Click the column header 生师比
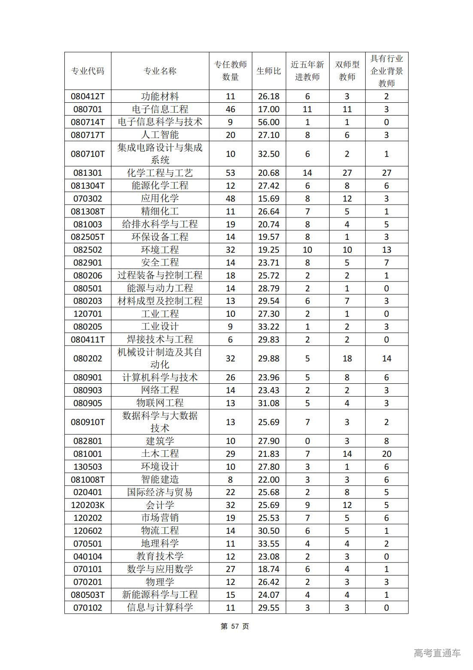[269, 71]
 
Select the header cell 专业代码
[88, 71]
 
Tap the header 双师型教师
[347, 71]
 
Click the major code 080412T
[88, 97]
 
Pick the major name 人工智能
[160, 135]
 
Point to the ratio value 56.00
[269, 122]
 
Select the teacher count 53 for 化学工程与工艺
[230, 173]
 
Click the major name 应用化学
[160, 199]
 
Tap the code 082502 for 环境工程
[88, 250]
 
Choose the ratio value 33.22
[269, 327]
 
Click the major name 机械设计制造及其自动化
[160, 358]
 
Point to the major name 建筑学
[160, 441]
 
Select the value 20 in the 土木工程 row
[386, 454]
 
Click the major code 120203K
[88, 505]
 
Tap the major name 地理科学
[160, 543]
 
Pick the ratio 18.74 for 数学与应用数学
[269, 569]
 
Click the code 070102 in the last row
[88, 608]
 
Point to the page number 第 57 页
[235, 626]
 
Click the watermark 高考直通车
[437, 653]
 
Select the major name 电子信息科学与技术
[160, 122]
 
